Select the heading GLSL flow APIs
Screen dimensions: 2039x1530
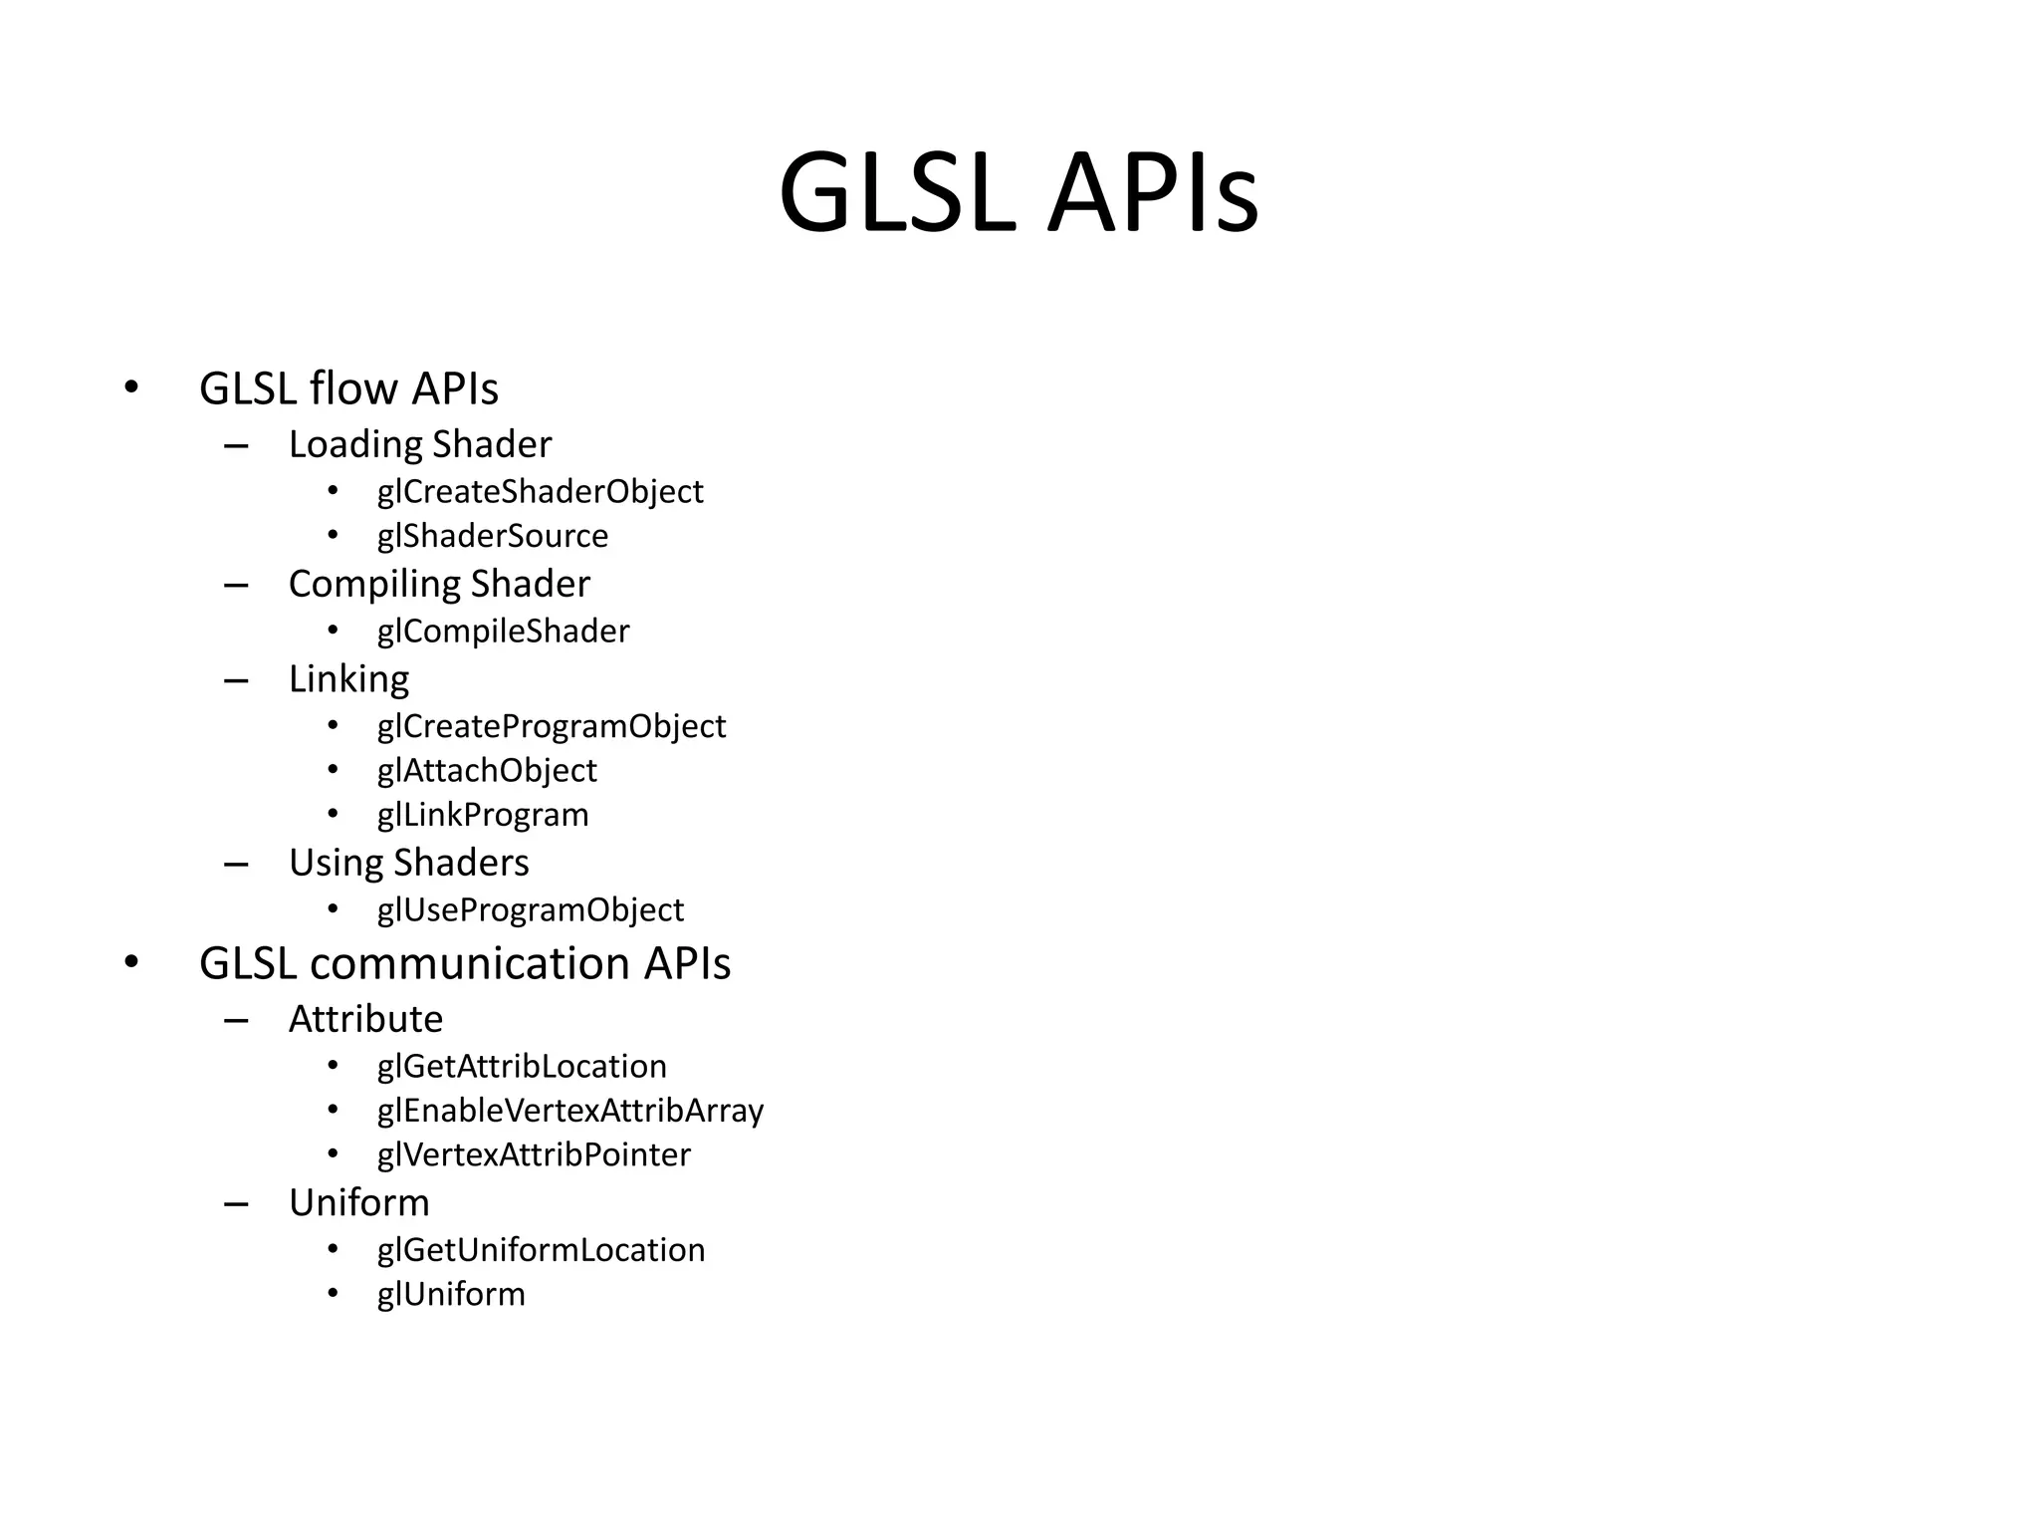(x=348, y=388)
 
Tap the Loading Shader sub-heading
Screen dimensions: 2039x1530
(x=419, y=444)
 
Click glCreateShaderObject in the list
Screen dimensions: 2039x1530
(x=540, y=491)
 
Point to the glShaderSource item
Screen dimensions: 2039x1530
(x=492, y=536)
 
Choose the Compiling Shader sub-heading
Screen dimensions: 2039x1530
(x=439, y=584)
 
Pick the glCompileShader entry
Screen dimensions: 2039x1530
(x=503, y=632)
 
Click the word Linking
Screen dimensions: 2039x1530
(x=348, y=679)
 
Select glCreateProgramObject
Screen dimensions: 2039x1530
(x=551, y=726)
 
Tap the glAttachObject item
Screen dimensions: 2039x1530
(x=487, y=770)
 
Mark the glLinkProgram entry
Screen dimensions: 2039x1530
(x=483, y=815)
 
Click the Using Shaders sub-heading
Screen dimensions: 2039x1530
(x=408, y=863)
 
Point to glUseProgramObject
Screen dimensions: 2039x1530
(x=530, y=909)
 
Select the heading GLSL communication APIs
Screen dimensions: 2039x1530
(x=465, y=963)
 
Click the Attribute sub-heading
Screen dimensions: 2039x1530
(x=365, y=1019)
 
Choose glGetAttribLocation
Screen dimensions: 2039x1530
(x=522, y=1066)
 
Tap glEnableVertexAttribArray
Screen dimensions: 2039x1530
(x=569, y=1111)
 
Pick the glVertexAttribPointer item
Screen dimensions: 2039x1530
(x=534, y=1154)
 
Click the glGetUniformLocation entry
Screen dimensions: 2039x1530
(x=541, y=1250)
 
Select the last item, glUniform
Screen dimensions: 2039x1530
(x=451, y=1294)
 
